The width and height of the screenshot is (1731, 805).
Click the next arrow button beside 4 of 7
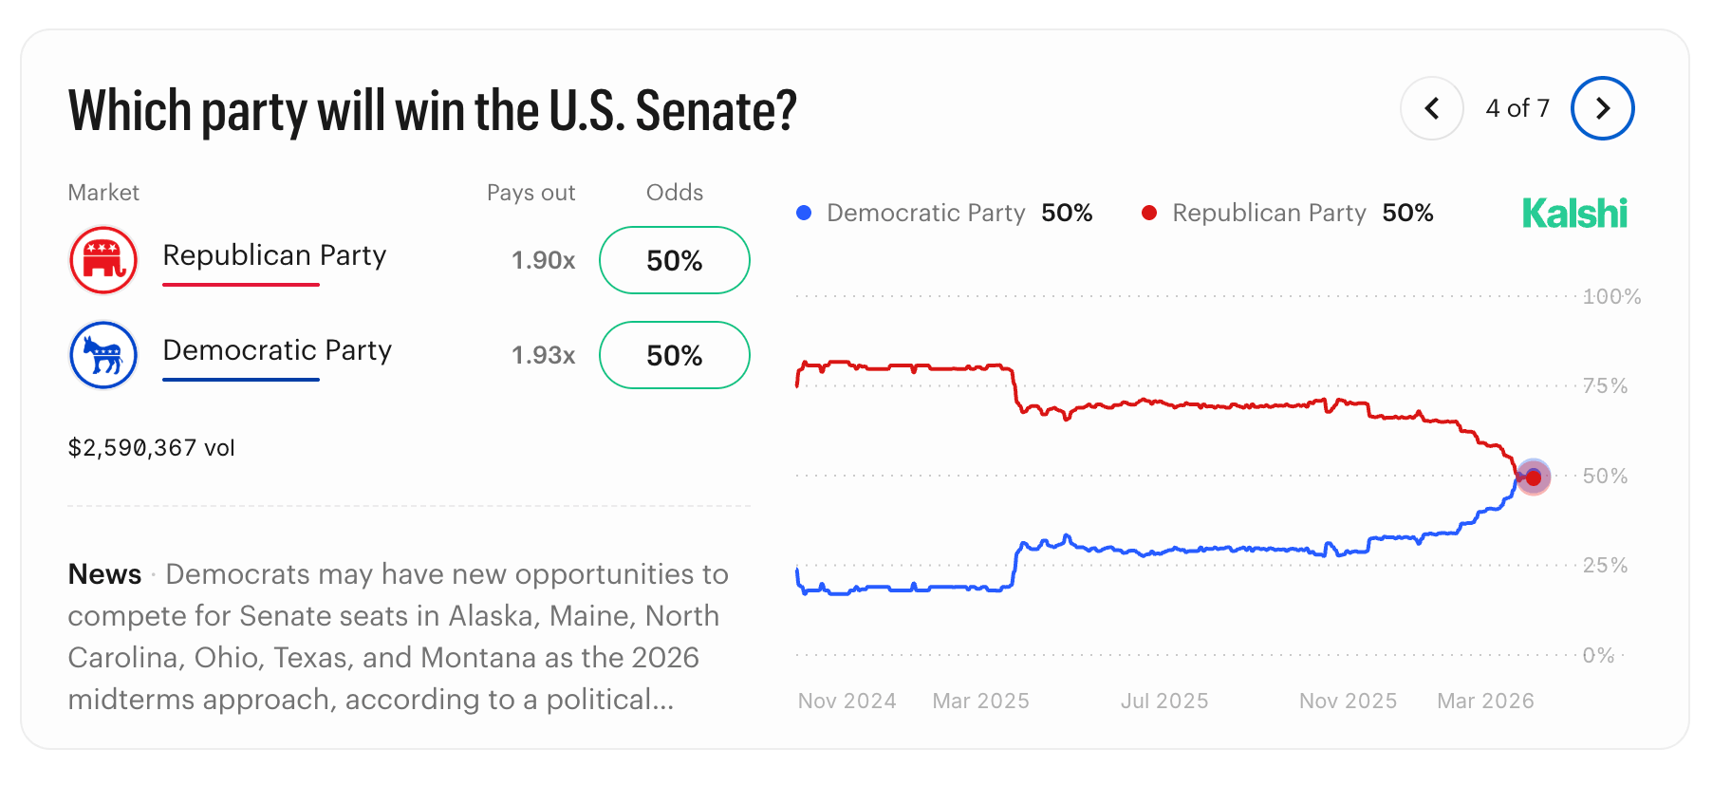coord(1602,108)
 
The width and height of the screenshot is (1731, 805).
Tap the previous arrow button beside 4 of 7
coord(1432,108)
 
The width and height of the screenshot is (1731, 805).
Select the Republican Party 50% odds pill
coord(674,260)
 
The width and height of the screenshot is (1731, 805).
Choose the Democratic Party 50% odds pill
coord(674,355)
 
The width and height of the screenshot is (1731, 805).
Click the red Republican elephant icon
coord(103,260)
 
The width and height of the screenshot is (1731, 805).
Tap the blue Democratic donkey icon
coord(103,355)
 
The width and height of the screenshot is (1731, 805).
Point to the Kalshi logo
coord(1574,214)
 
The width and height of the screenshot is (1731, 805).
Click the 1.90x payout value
coord(543,260)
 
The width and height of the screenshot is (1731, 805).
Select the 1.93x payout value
coord(543,355)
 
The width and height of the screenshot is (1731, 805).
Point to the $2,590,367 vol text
coord(151,448)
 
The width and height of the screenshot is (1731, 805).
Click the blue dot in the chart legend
coord(804,213)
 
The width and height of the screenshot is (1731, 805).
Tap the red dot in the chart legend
coord(1149,213)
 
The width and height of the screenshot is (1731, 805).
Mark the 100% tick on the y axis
coord(1611,296)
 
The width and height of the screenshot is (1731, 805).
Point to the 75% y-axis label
coord(1605,385)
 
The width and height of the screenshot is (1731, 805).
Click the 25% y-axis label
coord(1605,565)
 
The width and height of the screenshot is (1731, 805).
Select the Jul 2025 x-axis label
coord(1164,701)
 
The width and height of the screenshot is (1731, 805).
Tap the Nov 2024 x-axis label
coord(847,701)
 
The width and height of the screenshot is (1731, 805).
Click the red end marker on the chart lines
coord(1534,477)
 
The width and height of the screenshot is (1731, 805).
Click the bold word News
coord(104,574)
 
